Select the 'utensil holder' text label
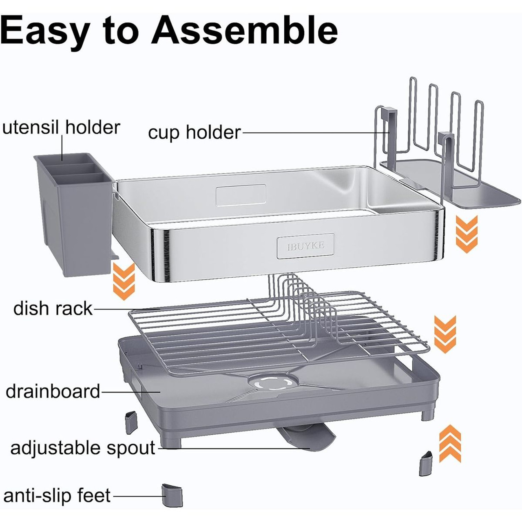click(61, 127)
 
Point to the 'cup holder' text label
click(194, 133)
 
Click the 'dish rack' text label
click(53, 308)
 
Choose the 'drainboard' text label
click(53, 391)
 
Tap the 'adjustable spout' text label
click(83, 447)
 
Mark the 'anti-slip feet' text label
click(57, 496)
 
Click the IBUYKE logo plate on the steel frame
click(305, 246)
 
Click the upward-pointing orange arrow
click(450, 443)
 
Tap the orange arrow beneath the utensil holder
click(124, 281)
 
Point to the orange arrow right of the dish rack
click(445, 334)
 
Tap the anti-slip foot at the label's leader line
click(173, 495)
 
